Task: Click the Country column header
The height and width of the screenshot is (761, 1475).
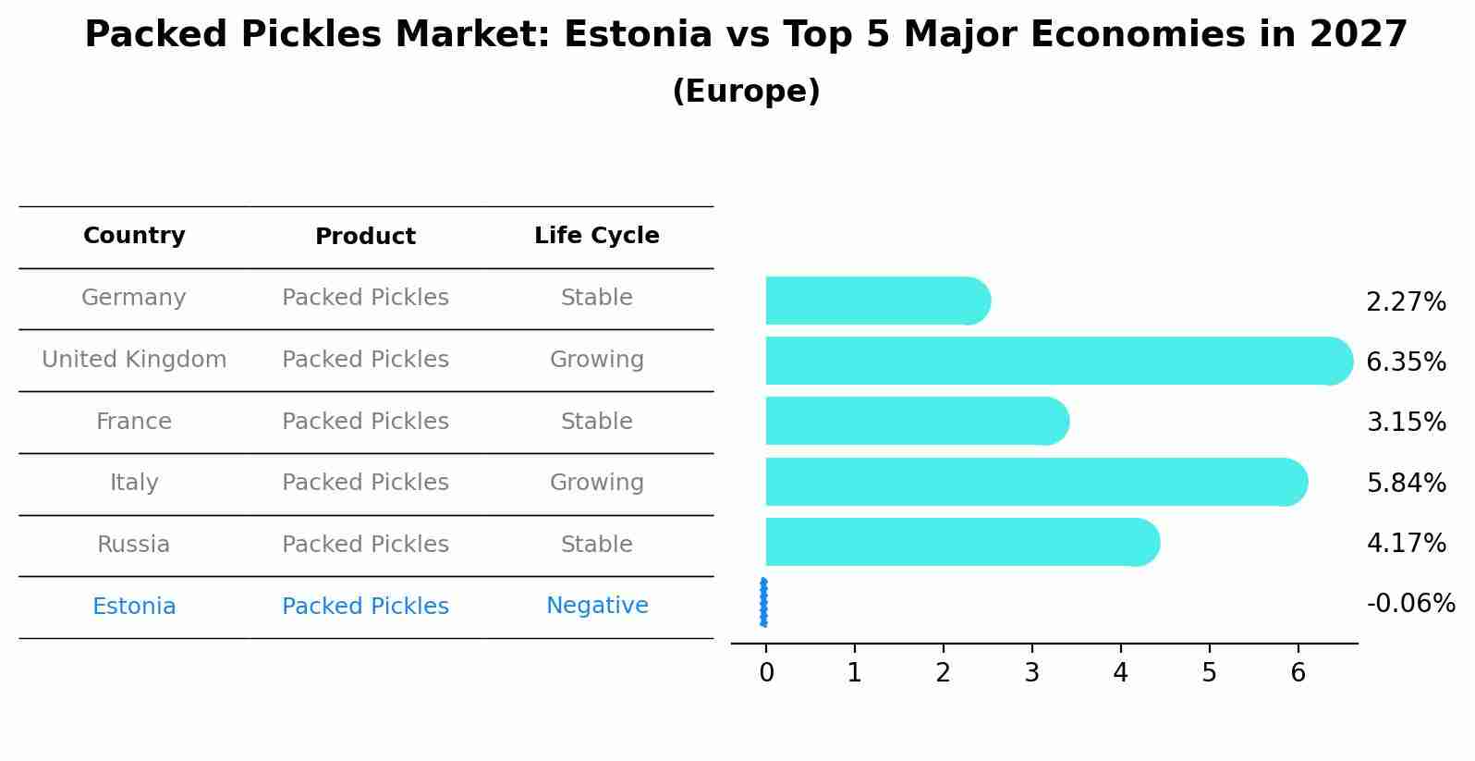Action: point(134,236)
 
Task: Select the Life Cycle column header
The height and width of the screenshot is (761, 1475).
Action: point(596,236)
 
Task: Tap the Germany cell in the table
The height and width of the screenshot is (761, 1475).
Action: point(134,298)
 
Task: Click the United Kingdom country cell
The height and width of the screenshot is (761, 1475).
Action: point(134,360)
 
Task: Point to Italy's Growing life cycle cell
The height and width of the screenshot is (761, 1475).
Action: point(596,483)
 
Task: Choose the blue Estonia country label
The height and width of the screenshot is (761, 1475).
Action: point(134,607)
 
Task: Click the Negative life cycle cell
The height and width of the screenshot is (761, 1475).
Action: point(596,606)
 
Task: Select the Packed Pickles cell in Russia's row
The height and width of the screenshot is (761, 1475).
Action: point(365,545)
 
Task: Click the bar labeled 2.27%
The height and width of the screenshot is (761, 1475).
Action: point(873,301)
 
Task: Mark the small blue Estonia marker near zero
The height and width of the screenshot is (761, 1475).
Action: point(763,603)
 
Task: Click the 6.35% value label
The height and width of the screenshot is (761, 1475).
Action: point(1406,362)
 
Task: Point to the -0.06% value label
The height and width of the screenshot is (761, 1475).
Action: point(1410,604)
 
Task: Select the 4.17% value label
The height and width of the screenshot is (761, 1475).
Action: point(1406,543)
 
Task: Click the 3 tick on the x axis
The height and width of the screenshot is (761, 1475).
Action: point(1031,672)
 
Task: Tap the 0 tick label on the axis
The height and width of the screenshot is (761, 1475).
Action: point(766,672)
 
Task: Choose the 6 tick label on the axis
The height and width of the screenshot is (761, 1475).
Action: point(1298,672)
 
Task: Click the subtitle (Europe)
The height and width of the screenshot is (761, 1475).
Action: point(746,92)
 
